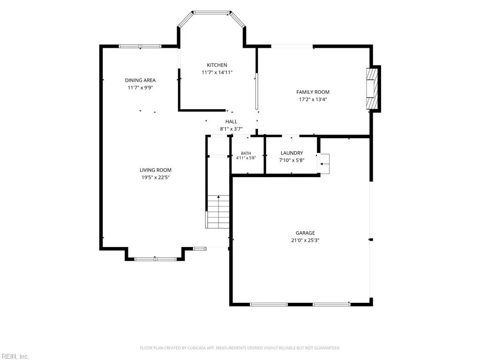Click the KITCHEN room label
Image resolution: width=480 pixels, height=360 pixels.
click(x=217, y=65)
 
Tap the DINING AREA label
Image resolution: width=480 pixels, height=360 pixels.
click(x=140, y=80)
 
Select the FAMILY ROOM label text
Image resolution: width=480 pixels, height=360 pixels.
click(x=313, y=92)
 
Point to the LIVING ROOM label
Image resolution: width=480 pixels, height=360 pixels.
click(x=156, y=170)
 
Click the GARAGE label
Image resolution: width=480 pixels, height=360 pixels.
click(x=305, y=233)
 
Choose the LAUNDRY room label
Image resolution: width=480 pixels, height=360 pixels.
click(x=292, y=153)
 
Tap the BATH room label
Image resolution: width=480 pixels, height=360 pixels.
click(x=246, y=153)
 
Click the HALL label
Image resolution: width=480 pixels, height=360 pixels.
click(x=231, y=121)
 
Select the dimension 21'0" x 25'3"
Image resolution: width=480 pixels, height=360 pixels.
click(x=305, y=240)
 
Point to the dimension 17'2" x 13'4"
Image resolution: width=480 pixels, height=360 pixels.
click(x=313, y=99)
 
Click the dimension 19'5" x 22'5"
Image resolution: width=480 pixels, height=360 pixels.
click(x=156, y=177)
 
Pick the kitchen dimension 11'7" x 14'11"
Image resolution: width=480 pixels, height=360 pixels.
click(x=217, y=72)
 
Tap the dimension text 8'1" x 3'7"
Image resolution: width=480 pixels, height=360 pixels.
click(x=231, y=129)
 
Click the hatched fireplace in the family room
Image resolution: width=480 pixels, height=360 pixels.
click(x=372, y=89)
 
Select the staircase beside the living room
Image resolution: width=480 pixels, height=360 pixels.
click(x=217, y=211)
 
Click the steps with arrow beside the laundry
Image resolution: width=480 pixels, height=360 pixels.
click(x=324, y=164)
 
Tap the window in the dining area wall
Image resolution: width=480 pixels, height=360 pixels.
click(x=140, y=46)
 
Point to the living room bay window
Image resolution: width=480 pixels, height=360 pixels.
click(x=156, y=259)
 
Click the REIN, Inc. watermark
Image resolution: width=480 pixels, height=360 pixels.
click(x=15, y=356)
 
